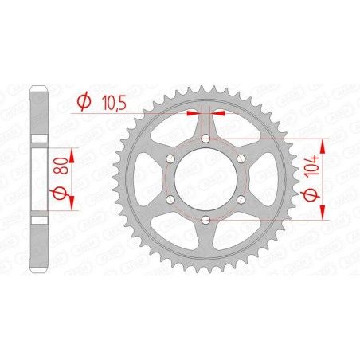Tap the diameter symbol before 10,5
[x=81, y=101]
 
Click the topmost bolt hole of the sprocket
[x=205, y=139]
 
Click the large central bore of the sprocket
[x=205, y=180]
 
